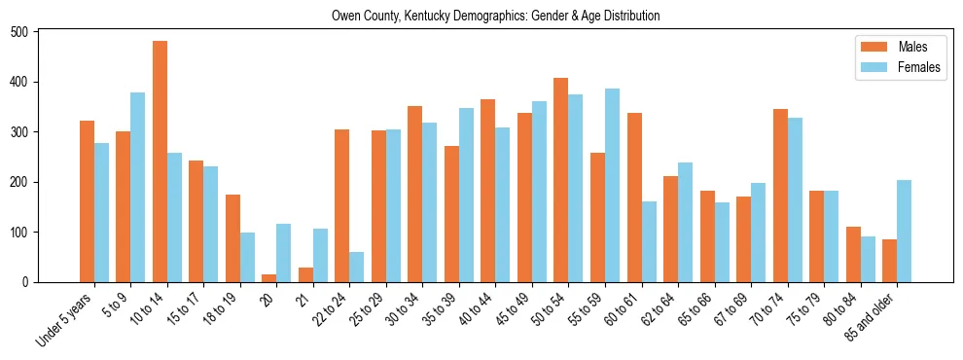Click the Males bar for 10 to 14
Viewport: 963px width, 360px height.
(160, 162)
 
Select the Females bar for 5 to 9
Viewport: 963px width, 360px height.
(138, 188)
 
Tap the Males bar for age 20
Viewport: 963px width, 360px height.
(269, 278)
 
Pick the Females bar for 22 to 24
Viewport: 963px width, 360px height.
(357, 268)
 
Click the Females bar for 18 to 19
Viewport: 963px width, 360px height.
(247, 258)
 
